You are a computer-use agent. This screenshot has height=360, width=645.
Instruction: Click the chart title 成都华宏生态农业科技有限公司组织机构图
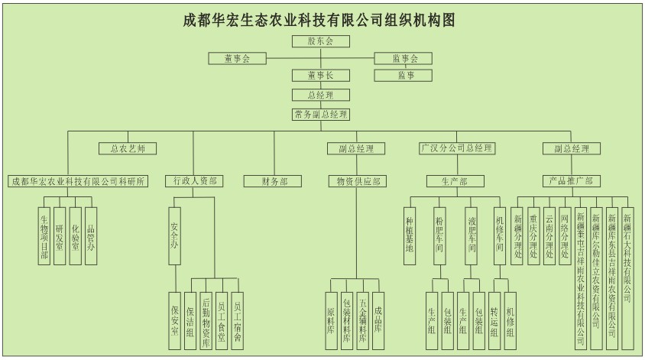(321, 19)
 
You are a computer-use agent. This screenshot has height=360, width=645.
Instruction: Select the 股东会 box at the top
(321, 41)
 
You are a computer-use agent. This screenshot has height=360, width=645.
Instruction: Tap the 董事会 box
(238, 59)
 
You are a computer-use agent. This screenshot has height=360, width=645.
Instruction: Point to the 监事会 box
(404, 59)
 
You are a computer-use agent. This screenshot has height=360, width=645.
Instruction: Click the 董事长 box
(321, 76)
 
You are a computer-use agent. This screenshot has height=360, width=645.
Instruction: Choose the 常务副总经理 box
(321, 115)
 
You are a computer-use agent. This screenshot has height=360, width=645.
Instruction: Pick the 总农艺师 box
(128, 148)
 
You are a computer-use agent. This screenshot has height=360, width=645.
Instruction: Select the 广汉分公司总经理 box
(456, 148)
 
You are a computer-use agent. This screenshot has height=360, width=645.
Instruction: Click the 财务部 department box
(275, 181)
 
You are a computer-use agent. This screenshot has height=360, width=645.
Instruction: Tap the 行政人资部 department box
(193, 181)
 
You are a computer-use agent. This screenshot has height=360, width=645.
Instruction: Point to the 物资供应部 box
(355, 181)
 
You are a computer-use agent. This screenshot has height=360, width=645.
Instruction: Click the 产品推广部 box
(571, 181)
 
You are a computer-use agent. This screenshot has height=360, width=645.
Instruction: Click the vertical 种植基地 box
(410, 236)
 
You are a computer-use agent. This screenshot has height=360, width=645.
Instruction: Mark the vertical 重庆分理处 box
(534, 236)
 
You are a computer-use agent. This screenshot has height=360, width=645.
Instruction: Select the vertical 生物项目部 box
(45, 236)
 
